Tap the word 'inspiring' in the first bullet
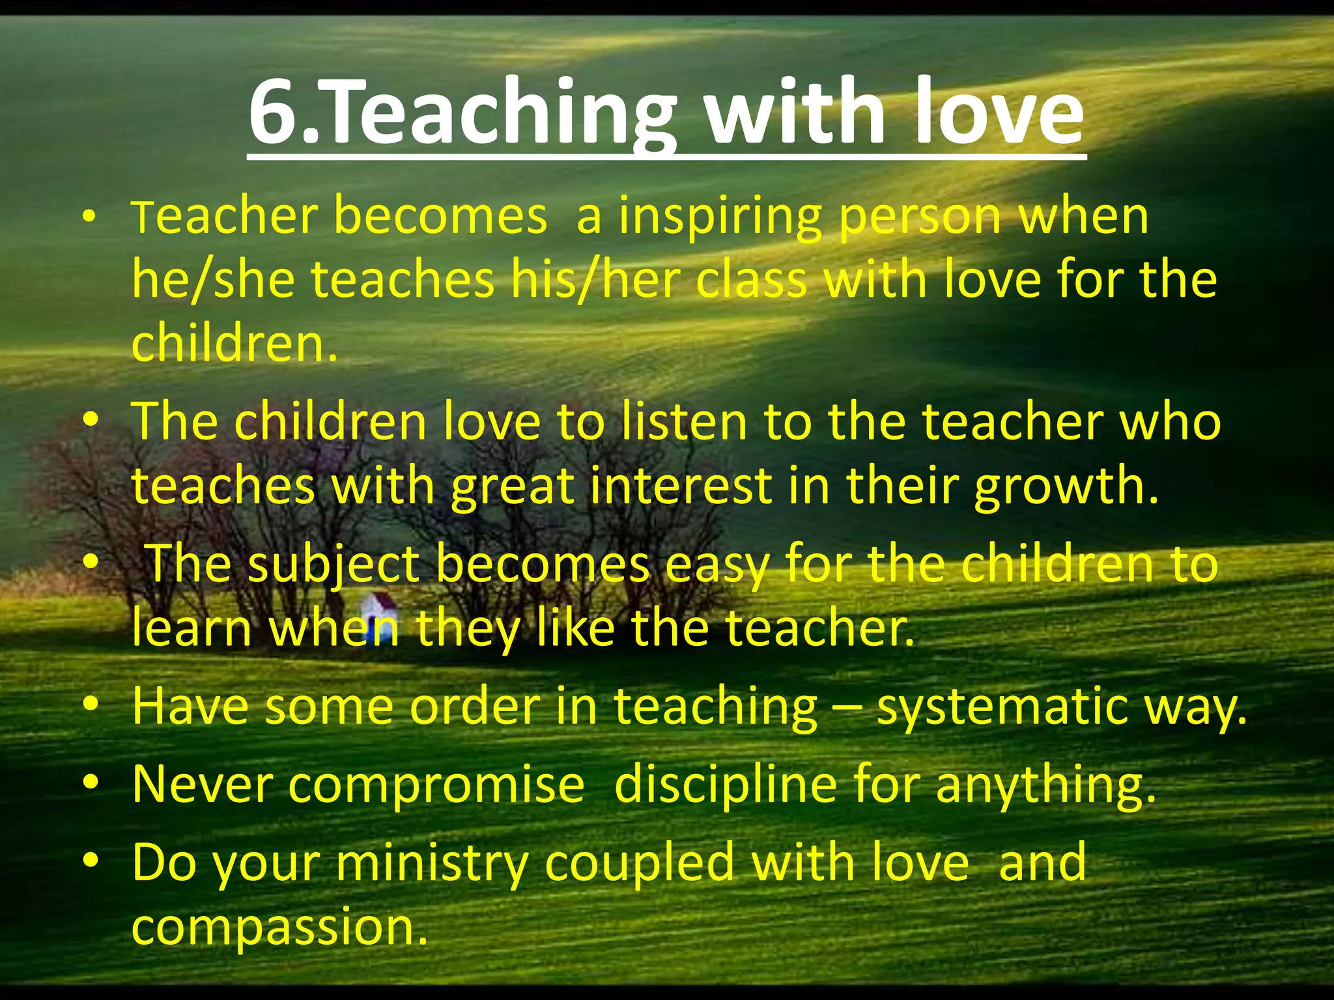(x=719, y=217)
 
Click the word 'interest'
(x=681, y=486)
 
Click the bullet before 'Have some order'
(x=91, y=704)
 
